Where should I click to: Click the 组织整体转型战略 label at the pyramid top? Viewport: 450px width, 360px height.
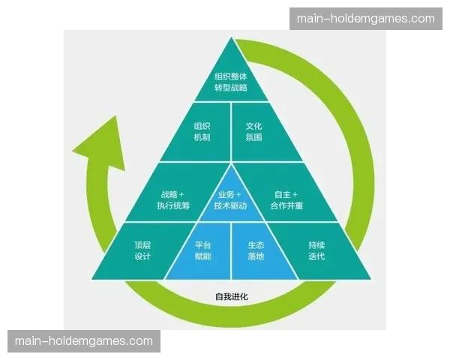click(x=230, y=82)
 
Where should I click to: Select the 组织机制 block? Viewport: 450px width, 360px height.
click(x=202, y=131)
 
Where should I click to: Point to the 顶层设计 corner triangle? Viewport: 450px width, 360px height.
click(x=142, y=250)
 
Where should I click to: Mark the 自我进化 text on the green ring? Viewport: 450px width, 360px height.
click(x=231, y=297)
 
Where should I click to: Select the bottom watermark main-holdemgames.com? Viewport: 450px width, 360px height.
click(x=83, y=341)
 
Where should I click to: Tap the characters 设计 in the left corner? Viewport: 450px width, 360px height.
click(x=142, y=256)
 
